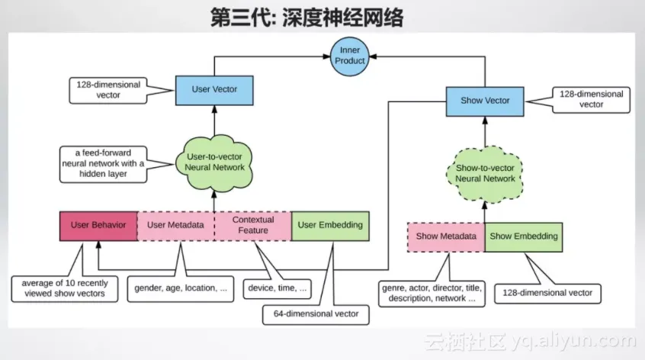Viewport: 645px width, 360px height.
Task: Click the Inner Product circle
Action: pyautogui.click(x=351, y=56)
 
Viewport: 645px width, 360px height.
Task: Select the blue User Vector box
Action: pyautogui.click(x=214, y=89)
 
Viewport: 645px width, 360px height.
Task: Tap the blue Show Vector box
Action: pyautogui.click(x=485, y=101)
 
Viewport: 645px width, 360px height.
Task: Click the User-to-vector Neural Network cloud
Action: pyautogui.click(x=216, y=162)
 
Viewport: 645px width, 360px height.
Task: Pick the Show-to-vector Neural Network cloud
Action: pyautogui.click(x=486, y=173)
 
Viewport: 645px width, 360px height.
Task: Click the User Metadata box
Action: pyautogui.click(x=175, y=225)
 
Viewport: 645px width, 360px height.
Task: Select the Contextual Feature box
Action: pyautogui.click(x=252, y=225)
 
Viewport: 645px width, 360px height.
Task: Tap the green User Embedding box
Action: pyautogui.click(x=329, y=225)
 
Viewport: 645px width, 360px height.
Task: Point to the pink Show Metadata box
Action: pyautogui.click(x=446, y=236)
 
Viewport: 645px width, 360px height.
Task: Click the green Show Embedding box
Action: pyautogui.click(x=524, y=236)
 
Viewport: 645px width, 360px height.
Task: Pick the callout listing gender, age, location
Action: pyautogui.click(x=180, y=288)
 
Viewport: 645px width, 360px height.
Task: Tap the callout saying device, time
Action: pyautogui.click(x=278, y=288)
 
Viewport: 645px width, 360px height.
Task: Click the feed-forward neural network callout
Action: pyautogui.click(x=104, y=163)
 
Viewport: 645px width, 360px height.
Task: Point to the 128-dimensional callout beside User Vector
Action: pyautogui.click(x=108, y=90)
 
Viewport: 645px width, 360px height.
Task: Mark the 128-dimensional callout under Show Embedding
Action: pyautogui.click(x=548, y=293)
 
